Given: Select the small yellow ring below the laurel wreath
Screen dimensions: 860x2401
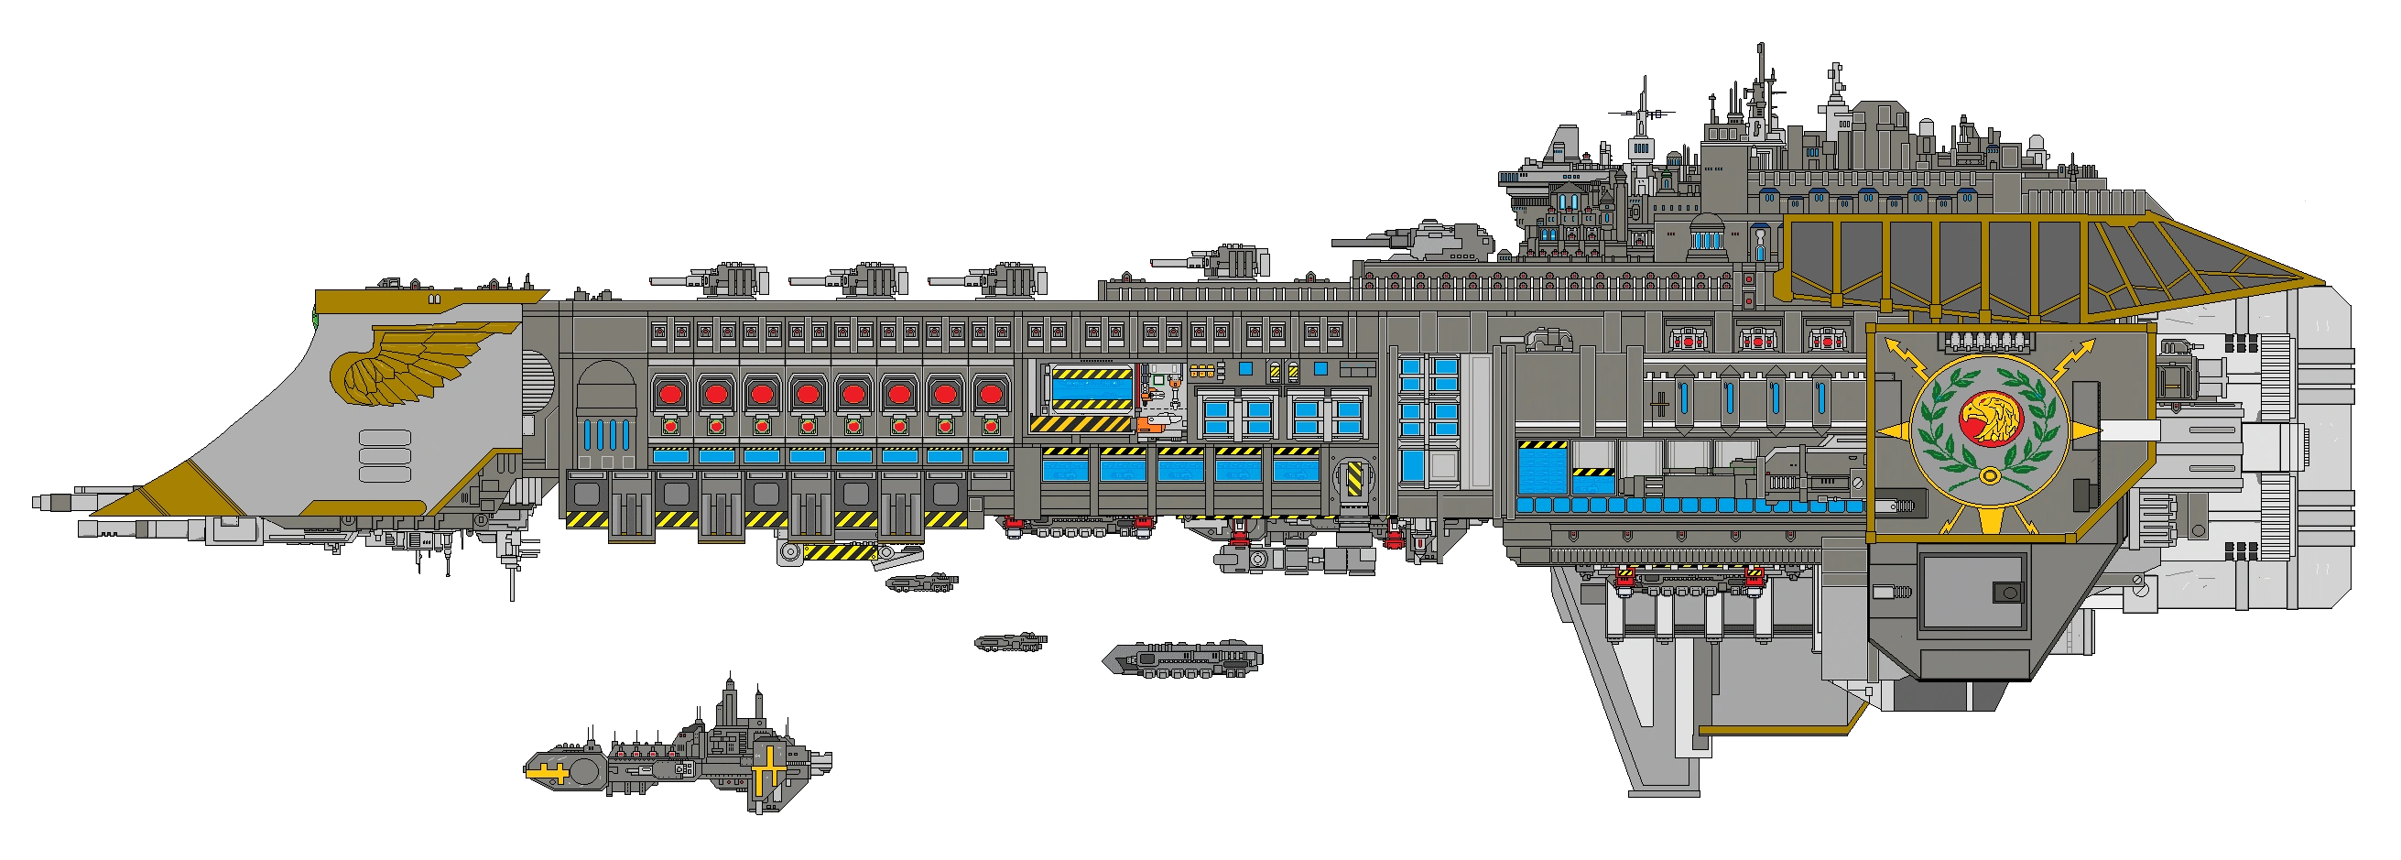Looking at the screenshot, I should pyautogui.click(x=1989, y=476).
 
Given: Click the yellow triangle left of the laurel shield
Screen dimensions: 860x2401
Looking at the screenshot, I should pyautogui.click(x=1889, y=430).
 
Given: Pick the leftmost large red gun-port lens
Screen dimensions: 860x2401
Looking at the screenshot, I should pyautogui.click(x=669, y=394).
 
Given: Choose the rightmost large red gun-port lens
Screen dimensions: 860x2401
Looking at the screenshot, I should pyautogui.click(x=990, y=394).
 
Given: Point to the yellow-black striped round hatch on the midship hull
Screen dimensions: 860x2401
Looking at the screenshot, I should pyautogui.click(x=1353, y=478).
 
